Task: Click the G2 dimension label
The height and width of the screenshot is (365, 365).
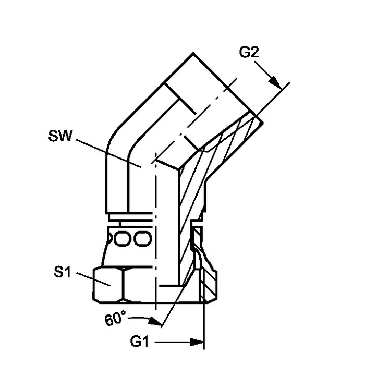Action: tap(249, 52)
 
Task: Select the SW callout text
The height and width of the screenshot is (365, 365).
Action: tap(60, 136)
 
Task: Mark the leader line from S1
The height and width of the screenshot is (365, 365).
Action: tap(93, 279)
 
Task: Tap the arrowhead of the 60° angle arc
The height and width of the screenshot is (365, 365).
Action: tap(155, 321)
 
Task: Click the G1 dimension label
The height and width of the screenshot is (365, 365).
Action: tap(139, 342)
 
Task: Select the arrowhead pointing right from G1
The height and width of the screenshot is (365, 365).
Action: tap(197, 342)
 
